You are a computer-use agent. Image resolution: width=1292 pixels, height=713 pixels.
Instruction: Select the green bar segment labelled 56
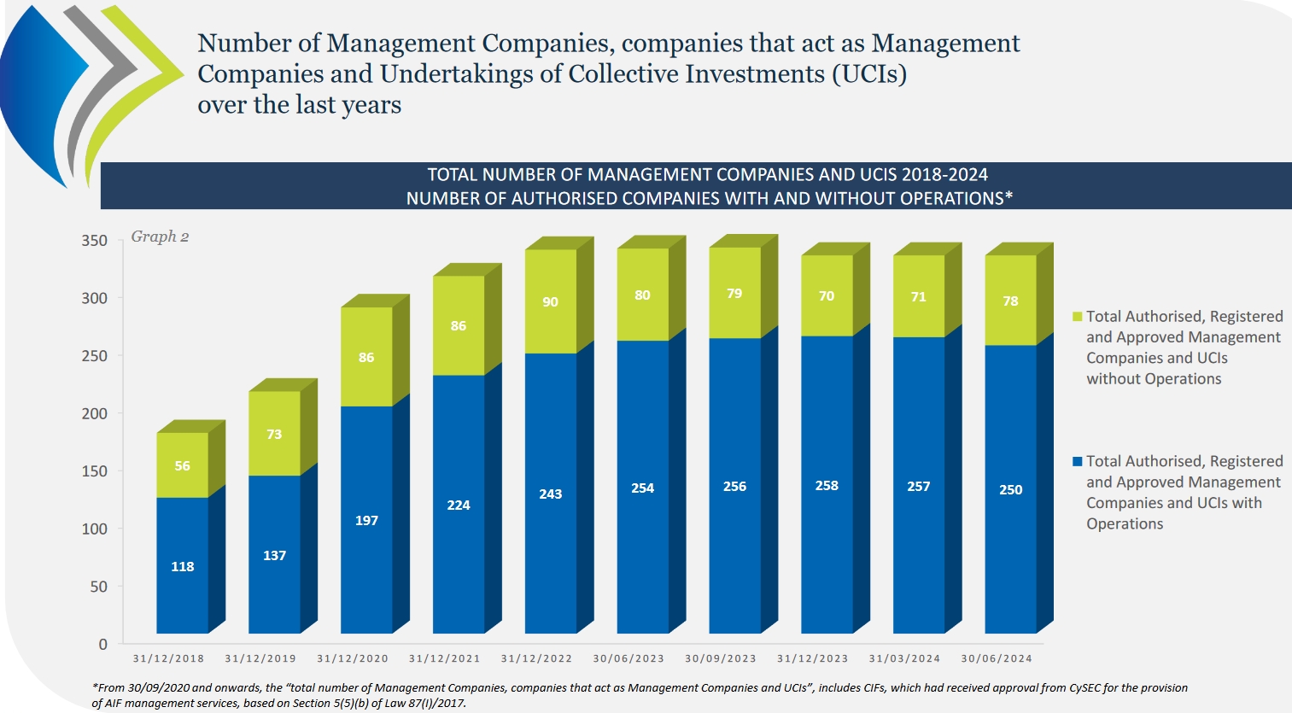[182, 465]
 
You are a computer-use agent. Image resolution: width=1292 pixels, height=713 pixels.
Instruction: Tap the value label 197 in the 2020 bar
[366, 521]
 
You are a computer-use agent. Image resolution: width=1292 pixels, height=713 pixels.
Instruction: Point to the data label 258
[827, 486]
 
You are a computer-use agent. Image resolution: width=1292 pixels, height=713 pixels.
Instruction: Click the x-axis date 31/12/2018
[168, 658]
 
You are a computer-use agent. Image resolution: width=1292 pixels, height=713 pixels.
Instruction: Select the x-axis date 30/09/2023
[721, 658]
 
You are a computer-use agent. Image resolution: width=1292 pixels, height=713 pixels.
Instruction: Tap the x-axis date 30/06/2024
[997, 658]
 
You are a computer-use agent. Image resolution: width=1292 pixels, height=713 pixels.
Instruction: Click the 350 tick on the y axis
[95, 241]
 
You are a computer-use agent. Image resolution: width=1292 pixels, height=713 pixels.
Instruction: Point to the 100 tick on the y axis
[95, 529]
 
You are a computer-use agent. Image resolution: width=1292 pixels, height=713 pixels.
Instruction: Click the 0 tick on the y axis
[103, 645]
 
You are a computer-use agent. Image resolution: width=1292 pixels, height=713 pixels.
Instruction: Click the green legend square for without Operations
[1078, 317]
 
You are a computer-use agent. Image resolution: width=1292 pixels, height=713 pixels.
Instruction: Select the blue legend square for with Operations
[1078, 462]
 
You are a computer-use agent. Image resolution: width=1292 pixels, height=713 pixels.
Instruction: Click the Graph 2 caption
[160, 237]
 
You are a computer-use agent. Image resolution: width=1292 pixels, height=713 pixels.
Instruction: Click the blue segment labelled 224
[459, 505]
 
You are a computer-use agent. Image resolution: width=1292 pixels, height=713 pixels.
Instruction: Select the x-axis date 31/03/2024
[904, 658]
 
